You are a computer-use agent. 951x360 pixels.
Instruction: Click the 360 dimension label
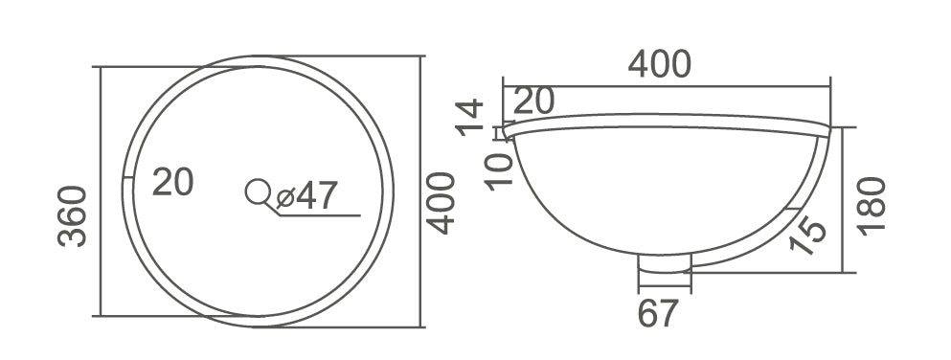point(73,215)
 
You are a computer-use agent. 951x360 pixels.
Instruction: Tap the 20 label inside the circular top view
point(173,181)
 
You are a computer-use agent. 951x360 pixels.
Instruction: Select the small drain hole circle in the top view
point(257,192)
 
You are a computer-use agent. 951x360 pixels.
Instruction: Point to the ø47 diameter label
point(306,195)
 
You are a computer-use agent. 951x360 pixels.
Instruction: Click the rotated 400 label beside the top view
point(439,202)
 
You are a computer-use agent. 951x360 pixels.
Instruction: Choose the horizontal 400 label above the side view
point(659,64)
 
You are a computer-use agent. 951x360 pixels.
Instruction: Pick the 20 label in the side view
point(534,101)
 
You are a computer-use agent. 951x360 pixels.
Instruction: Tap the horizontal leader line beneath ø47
point(321,214)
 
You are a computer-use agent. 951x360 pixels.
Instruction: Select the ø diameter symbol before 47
point(284,197)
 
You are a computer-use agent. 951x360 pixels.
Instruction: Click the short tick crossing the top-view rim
point(128,177)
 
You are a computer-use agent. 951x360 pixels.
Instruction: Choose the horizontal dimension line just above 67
point(665,285)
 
